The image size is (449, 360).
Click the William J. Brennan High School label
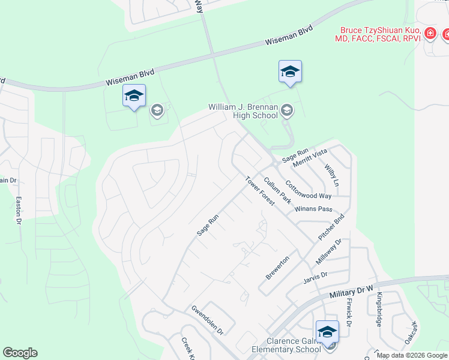click(243, 111)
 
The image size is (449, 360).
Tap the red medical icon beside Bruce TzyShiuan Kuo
click(430, 34)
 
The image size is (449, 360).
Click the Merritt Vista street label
click(310, 158)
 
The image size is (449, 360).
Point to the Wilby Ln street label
click(332, 174)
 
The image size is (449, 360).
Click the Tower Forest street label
click(259, 191)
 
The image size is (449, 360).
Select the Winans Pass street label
click(313, 209)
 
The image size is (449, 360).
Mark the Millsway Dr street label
click(328, 251)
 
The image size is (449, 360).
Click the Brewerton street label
click(278, 267)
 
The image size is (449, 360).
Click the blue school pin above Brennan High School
click(290, 72)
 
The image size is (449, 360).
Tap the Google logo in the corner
click(20, 353)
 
